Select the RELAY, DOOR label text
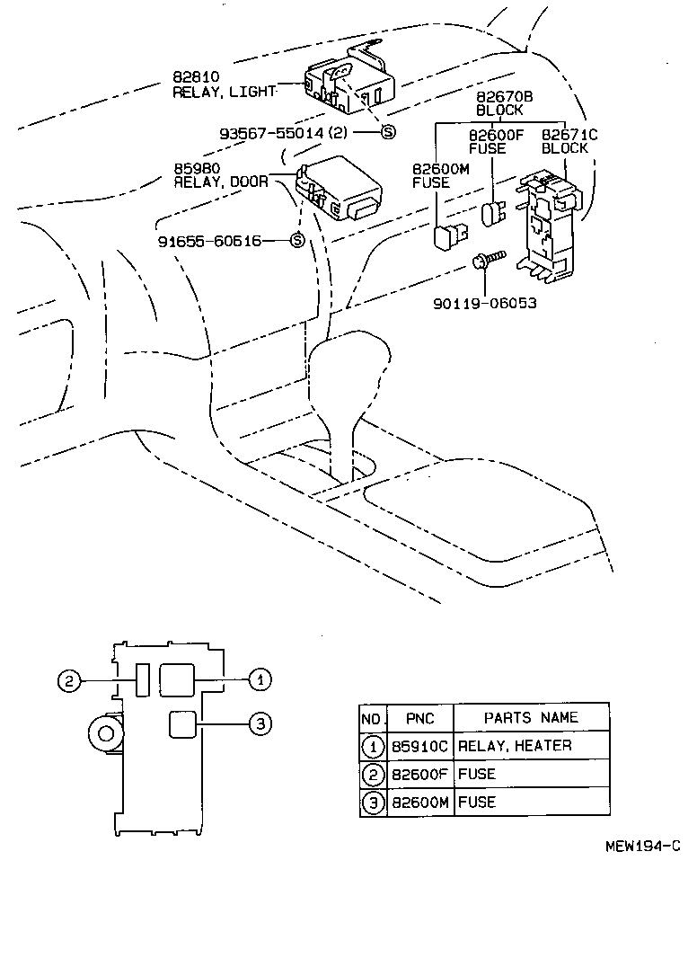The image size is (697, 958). click(220, 182)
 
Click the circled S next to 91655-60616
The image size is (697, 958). click(296, 241)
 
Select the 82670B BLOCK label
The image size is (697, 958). click(498, 103)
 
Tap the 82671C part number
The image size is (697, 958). click(569, 135)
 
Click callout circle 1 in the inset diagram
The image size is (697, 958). click(259, 680)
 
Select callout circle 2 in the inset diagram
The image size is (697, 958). click(68, 681)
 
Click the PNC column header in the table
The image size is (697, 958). click(419, 718)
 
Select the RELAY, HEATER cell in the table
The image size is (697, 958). click(514, 746)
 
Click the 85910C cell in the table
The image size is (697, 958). click(419, 746)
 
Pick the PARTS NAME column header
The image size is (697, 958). click(531, 718)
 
